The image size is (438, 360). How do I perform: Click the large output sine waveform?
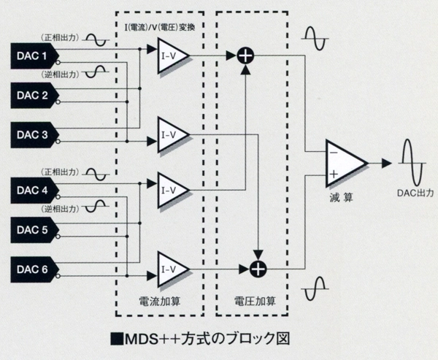pos(410,162)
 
